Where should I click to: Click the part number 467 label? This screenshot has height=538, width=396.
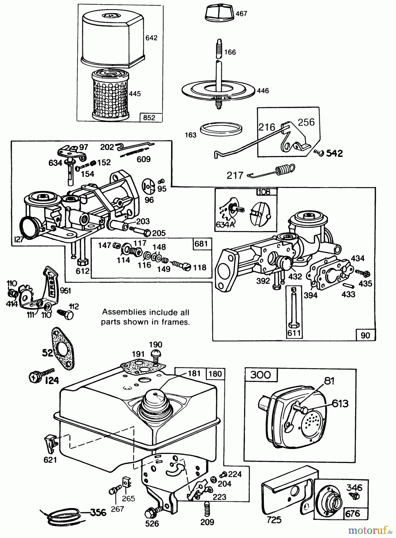pyautogui.click(x=241, y=14)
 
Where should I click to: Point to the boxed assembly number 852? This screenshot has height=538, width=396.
pyautogui.click(x=149, y=117)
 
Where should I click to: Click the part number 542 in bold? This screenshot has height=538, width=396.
pyautogui.click(x=334, y=153)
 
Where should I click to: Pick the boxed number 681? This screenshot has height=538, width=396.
pyautogui.click(x=201, y=244)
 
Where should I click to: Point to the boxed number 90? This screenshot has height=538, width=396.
pyautogui.click(x=365, y=335)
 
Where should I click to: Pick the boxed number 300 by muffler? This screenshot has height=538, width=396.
pyautogui.click(x=261, y=375)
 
